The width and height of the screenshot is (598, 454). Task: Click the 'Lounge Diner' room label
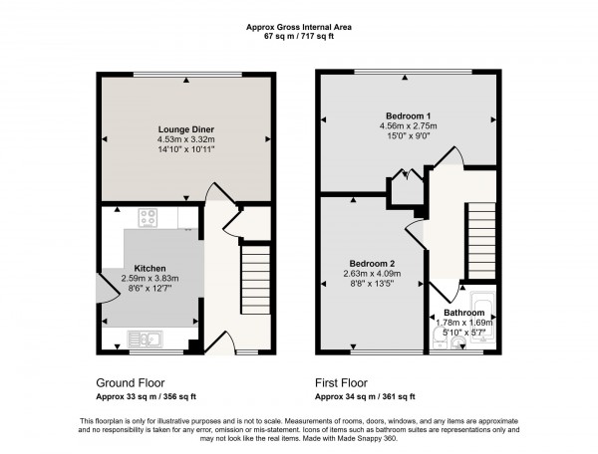tap(185, 129)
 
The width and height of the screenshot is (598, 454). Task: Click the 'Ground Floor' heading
tap(130, 382)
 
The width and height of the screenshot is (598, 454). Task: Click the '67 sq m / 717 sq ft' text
tap(298, 36)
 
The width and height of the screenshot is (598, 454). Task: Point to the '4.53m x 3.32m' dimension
tap(185, 140)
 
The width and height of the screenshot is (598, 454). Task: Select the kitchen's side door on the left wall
tap(104, 290)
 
